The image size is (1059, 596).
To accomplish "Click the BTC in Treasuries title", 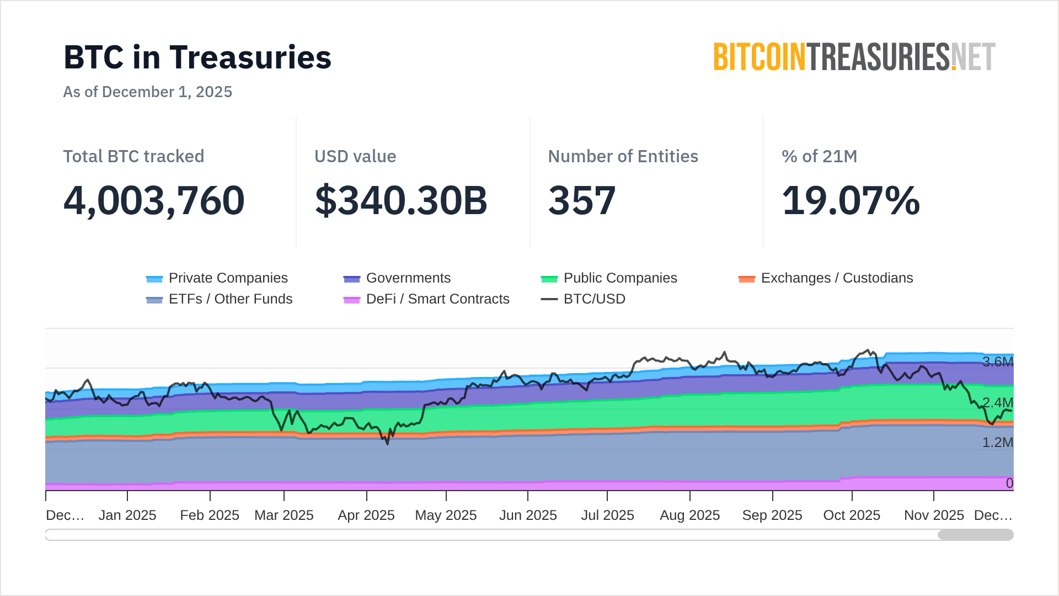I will (197, 57).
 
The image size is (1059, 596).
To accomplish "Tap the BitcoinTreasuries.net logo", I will (854, 57).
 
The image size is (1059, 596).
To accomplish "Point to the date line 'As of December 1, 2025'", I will (148, 92).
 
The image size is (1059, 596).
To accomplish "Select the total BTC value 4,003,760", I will (154, 200).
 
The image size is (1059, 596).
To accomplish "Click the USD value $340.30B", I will (401, 200).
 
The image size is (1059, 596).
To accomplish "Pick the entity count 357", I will (582, 200).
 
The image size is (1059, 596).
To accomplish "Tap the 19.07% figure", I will (851, 200).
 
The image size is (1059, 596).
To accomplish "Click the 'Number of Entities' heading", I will (623, 156).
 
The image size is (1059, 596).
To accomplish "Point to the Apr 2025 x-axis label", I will (366, 515).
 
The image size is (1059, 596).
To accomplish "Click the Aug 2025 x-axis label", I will (689, 515).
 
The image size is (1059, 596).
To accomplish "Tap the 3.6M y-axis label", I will (997, 362).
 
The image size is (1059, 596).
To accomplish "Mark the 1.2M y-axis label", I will (997, 443).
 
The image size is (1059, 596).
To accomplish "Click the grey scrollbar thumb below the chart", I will (975, 535).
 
